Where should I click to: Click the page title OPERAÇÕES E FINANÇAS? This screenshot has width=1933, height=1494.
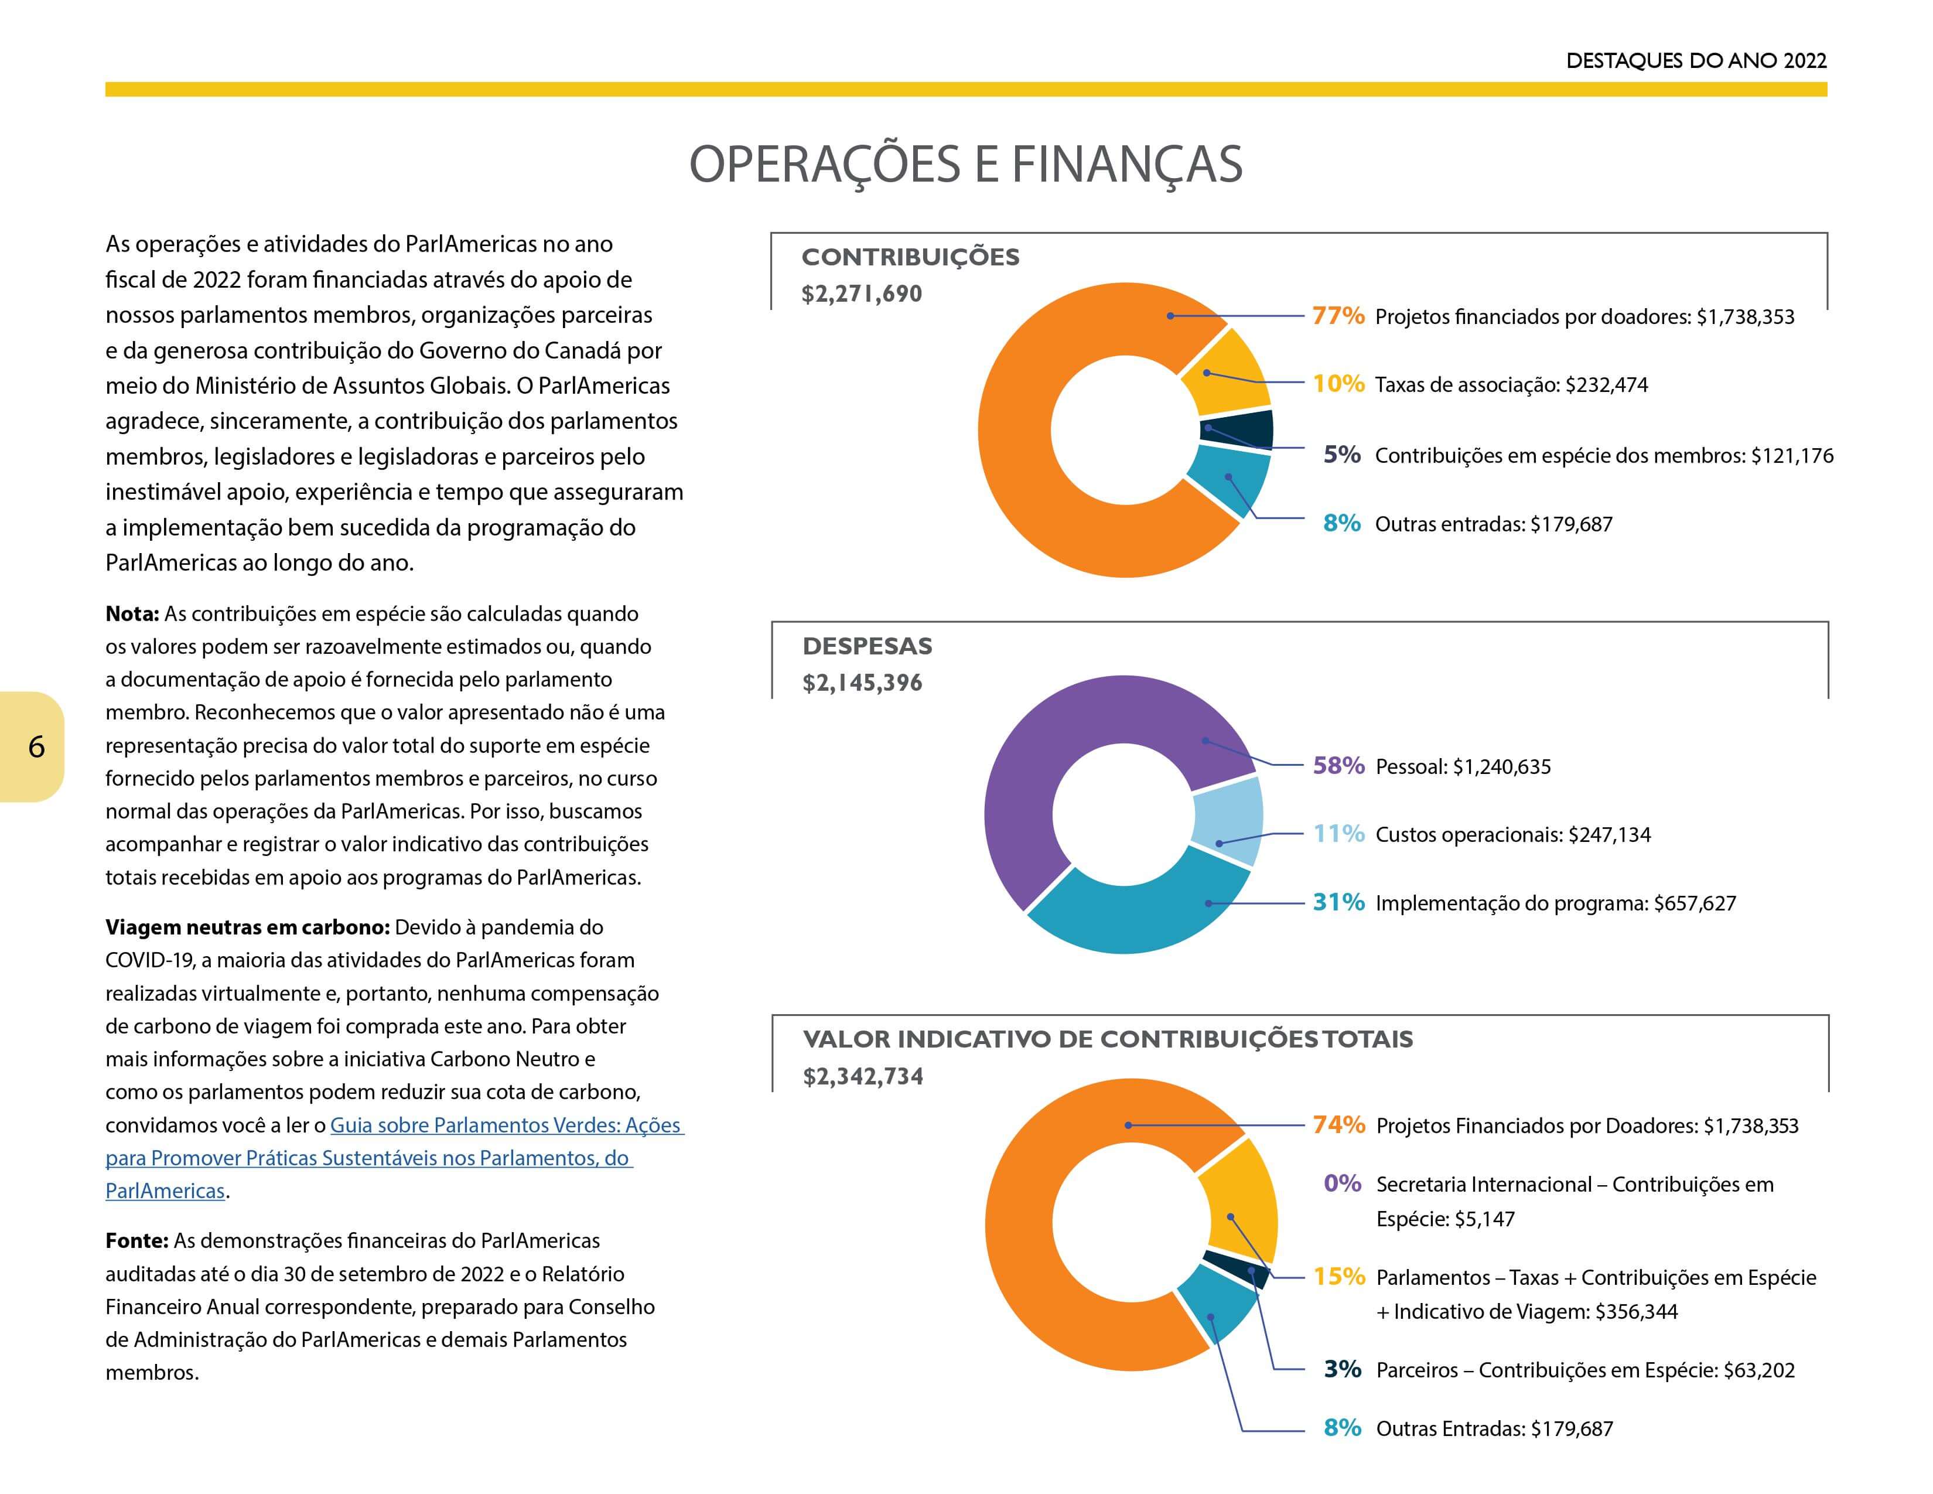tap(965, 165)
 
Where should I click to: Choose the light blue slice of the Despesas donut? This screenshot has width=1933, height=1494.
tap(1228, 820)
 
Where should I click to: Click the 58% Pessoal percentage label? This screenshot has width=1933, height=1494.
tap(1338, 766)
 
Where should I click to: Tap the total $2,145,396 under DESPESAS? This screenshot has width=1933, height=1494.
tap(862, 683)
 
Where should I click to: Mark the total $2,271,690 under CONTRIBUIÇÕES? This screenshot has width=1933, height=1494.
tap(861, 294)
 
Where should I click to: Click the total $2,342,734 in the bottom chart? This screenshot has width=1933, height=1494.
tap(863, 1076)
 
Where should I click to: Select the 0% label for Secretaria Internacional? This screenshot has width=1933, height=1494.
tap(1342, 1183)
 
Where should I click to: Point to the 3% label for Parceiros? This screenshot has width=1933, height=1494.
tap(1342, 1369)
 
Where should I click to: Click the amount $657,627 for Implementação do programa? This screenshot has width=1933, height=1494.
tap(1695, 903)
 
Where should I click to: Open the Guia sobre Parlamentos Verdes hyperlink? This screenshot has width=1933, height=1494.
tap(395, 1158)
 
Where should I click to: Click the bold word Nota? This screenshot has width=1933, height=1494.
tap(132, 613)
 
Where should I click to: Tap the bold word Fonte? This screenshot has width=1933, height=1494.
tap(136, 1241)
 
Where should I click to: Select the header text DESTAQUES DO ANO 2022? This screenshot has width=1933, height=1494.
tap(1696, 60)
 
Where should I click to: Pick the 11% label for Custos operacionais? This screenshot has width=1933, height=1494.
tap(1338, 834)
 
